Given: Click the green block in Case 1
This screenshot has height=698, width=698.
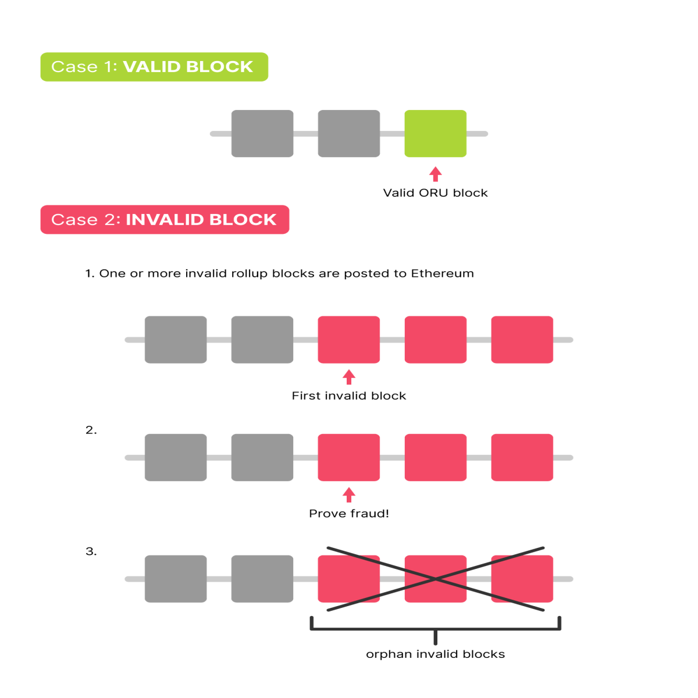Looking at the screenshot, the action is point(435,133).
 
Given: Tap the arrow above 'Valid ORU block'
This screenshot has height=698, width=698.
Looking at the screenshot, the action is point(436,174).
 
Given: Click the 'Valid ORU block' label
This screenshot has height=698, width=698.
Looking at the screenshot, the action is point(436,193).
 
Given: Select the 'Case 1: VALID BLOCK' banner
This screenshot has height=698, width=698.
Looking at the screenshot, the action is point(154,67).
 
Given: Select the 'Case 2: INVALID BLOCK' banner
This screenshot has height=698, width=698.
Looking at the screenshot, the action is point(165,219).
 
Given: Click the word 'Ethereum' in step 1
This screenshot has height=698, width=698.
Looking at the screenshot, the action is point(442,273).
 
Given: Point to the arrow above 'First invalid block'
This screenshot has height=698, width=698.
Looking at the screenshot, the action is point(349,377).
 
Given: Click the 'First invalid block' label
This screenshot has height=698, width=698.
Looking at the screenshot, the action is point(349,396).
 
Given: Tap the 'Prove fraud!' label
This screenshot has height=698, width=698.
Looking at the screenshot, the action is point(349,513).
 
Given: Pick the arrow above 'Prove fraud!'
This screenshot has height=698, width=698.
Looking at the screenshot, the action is point(349,495).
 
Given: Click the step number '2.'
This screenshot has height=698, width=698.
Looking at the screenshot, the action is point(91,430).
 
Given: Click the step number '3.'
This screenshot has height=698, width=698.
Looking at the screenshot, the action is point(91,551).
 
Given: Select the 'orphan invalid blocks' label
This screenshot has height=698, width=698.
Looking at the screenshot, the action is point(436,654).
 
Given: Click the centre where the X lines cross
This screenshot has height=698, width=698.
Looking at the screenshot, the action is point(436,579).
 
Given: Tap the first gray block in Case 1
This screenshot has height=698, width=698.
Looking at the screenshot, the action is point(262,133).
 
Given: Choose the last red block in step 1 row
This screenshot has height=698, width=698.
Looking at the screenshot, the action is point(522,339).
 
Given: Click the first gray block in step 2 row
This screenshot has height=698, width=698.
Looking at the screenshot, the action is point(176,458).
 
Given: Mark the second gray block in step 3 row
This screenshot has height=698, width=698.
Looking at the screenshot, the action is point(262,579).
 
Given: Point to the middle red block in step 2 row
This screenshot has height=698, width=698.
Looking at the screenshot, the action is point(436,458).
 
